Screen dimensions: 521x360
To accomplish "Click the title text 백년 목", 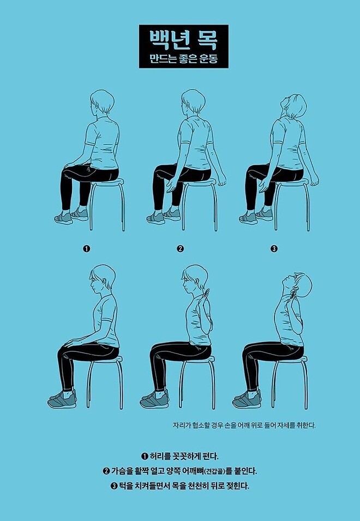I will tap(179, 39).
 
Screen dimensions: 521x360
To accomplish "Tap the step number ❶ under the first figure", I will tap(86, 249).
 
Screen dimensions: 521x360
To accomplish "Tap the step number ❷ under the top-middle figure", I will tap(180, 249).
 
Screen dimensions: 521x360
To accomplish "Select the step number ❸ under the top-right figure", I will tap(274, 249).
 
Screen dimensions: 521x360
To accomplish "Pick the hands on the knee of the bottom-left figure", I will tap(73, 343).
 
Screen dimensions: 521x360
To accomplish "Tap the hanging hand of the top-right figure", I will tap(314, 178).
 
